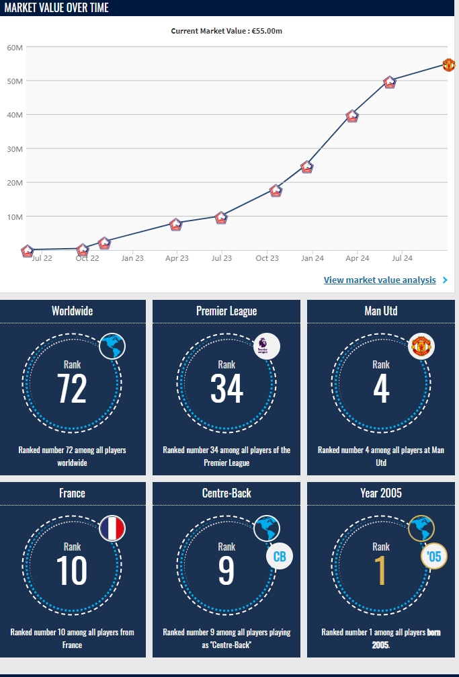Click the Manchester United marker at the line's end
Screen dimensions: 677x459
(x=449, y=65)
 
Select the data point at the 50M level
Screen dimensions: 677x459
(x=390, y=82)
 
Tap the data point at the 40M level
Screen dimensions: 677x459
(x=352, y=116)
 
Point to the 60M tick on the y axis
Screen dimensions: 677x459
(x=15, y=47)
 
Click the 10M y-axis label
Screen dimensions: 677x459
(x=15, y=216)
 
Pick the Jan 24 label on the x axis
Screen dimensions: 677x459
(x=312, y=258)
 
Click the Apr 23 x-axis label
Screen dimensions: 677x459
(x=177, y=258)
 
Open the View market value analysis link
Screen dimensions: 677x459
(x=380, y=280)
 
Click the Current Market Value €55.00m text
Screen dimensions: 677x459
(x=226, y=31)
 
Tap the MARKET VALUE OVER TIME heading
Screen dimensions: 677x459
(x=56, y=8)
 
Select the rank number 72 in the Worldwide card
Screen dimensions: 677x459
(x=72, y=389)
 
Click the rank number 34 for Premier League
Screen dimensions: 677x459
(x=226, y=389)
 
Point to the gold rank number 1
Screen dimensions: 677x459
(x=381, y=570)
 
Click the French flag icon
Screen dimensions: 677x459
(x=112, y=528)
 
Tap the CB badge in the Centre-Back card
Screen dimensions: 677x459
(x=279, y=556)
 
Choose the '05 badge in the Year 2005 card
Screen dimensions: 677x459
(x=433, y=556)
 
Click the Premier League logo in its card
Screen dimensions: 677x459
(x=267, y=346)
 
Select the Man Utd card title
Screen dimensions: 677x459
(x=381, y=311)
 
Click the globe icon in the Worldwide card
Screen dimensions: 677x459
(x=112, y=346)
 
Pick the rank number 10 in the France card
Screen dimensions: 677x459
(x=72, y=570)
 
